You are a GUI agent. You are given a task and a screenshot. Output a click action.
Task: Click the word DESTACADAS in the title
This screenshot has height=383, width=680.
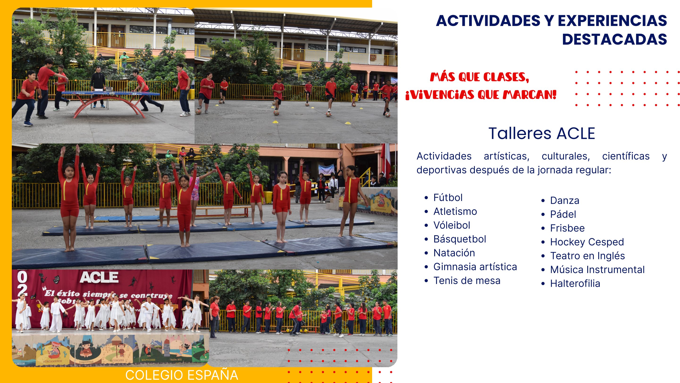(x=614, y=39)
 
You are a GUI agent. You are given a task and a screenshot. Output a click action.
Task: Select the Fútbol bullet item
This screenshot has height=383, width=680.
(x=448, y=197)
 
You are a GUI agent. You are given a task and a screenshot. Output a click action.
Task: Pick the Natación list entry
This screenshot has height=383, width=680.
(x=454, y=253)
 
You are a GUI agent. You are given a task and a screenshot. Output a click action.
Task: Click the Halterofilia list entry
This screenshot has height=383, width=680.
(x=575, y=283)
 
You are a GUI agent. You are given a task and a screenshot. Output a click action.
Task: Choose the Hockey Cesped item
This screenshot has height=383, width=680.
(x=587, y=242)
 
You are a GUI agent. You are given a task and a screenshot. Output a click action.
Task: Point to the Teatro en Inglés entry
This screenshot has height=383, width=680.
(x=587, y=256)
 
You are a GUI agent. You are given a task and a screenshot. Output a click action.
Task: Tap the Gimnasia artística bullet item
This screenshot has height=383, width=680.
(x=475, y=267)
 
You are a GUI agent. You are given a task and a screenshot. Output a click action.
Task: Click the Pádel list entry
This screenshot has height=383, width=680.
(x=563, y=214)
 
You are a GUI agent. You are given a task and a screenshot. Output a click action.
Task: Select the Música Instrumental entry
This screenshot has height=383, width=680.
(x=597, y=270)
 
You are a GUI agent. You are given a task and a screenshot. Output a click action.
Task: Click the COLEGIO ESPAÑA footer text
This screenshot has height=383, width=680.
(x=182, y=375)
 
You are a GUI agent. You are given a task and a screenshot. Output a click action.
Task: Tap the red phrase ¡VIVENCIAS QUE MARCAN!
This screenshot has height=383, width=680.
(x=481, y=95)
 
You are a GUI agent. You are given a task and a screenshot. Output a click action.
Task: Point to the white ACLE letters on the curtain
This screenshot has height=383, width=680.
(x=99, y=277)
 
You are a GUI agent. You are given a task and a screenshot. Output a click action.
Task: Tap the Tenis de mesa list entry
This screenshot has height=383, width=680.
(x=467, y=280)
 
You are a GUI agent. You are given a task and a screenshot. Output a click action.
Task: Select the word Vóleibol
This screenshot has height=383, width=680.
(x=452, y=225)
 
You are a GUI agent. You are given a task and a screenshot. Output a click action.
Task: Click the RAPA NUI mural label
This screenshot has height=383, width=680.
(x=176, y=360)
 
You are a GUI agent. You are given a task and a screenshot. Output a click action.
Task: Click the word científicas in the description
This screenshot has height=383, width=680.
(x=626, y=156)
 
